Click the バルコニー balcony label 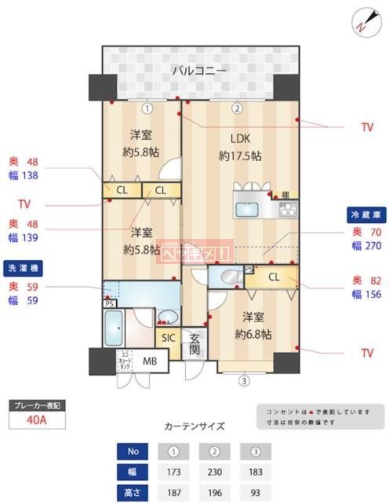pyautogui.click(x=199, y=71)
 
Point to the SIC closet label pyautogui.click(x=169, y=338)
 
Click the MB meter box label pyautogui.click(x=149, y=361)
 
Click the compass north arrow pyautogui.click(x=362, y=22)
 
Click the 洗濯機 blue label pyautogui.click(x=21, y=266)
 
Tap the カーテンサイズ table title pyautogui.click(x=194, y=427)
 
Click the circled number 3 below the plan pyautogui.click(x=244, y=382)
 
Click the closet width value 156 pyautogui.click(x=372, y=296)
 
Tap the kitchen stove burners pyautogui.click(x=286, y=209)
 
